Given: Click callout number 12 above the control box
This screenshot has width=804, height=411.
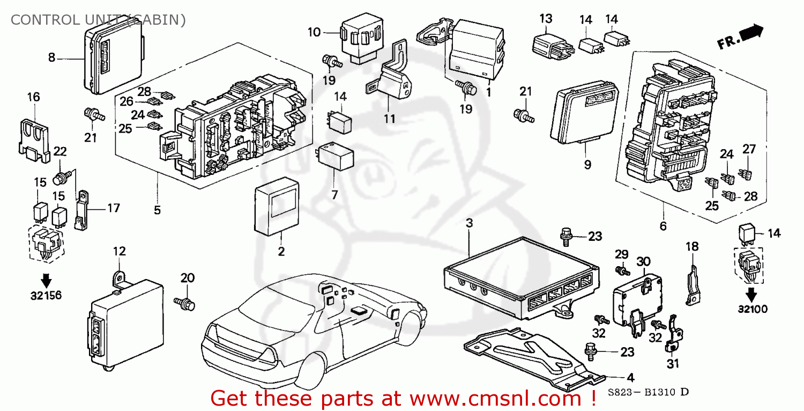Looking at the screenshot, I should click(119, 251).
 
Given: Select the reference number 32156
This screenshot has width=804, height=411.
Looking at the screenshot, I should click(46, 295).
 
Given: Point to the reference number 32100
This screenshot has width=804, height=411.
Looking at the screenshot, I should click(751, 309).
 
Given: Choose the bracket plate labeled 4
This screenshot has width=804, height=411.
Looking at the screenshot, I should click(531, 357).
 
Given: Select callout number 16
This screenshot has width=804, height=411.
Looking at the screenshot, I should click(33, 97).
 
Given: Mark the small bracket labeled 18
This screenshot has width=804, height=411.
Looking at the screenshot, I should click(693, 282).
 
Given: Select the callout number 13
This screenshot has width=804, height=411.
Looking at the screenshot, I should click(546, 19).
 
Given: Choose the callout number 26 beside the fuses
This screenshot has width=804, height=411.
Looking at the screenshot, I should click(126, 101).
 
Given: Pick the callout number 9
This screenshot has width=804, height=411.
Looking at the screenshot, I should click(587, 164).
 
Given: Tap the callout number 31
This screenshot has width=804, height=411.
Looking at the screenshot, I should click(673, 364).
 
